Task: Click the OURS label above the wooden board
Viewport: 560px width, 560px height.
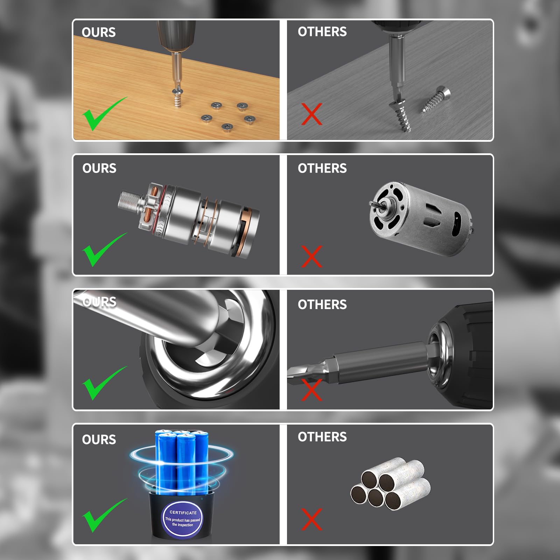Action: point(99,32)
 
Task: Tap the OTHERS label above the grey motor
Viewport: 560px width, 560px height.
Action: point(322,168)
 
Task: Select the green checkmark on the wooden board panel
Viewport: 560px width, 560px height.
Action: point(104,114)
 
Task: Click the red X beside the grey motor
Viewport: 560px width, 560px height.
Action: point(311,257)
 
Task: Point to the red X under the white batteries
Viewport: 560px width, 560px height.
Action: point(311,519)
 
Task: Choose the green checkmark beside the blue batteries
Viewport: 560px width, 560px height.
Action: point(104,516)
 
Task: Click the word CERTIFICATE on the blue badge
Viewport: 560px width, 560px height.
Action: point(183,512)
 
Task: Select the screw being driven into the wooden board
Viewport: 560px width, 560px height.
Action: point(178,98)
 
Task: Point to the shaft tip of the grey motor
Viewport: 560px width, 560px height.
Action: point(372,204)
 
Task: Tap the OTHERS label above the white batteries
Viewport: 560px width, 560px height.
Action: point(322,437)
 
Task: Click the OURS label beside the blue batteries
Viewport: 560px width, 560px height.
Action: point(99,440)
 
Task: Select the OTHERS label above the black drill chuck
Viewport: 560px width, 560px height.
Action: point(322,304)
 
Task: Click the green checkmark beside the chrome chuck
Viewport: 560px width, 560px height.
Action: point(104,383)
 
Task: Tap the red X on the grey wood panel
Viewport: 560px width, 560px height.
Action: point(311,114)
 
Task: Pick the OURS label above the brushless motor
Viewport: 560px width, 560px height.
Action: point(99,168)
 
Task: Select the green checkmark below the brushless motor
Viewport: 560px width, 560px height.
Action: point(104,250)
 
